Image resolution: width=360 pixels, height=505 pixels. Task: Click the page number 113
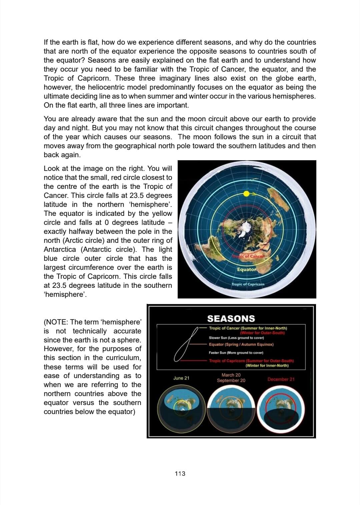[x=180, y=473]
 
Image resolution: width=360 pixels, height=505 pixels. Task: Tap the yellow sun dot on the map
[x=246, y=194]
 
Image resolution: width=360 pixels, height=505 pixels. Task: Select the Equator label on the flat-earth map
[x=247, y=269]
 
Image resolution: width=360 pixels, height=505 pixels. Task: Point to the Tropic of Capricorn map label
[x=248, y=284]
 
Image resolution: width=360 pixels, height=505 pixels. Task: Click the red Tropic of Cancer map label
[x=248, y=256]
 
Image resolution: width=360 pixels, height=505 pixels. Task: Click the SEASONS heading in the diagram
[x=231, y=318]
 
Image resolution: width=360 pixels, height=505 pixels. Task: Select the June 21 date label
[x=181, y=378]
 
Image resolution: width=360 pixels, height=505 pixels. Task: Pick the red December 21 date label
[x=281, y=379]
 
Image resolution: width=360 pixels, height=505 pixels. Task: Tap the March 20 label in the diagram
[x=231, y=375]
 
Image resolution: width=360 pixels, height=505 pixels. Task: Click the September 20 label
[x=231, y=380]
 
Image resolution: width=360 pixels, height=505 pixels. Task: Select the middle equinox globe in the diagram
[x=231, y=408]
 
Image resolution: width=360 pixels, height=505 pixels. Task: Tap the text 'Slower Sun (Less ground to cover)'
[x=236, y=337]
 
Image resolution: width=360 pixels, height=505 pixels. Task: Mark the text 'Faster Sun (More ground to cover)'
[x=236, y=352]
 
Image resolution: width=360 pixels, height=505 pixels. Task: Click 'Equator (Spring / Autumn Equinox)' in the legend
[x=241, y=344]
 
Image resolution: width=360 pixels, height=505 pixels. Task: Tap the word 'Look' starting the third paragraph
[x=52, y=168]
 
